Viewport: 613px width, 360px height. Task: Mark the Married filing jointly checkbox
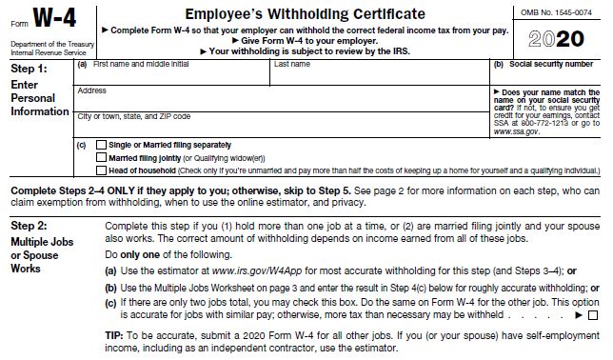coord(102,157)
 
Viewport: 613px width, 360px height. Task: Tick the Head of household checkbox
coord(102,170)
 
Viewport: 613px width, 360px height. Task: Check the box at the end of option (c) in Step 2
coord(593,315)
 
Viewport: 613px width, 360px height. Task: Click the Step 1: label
coord(28,70)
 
